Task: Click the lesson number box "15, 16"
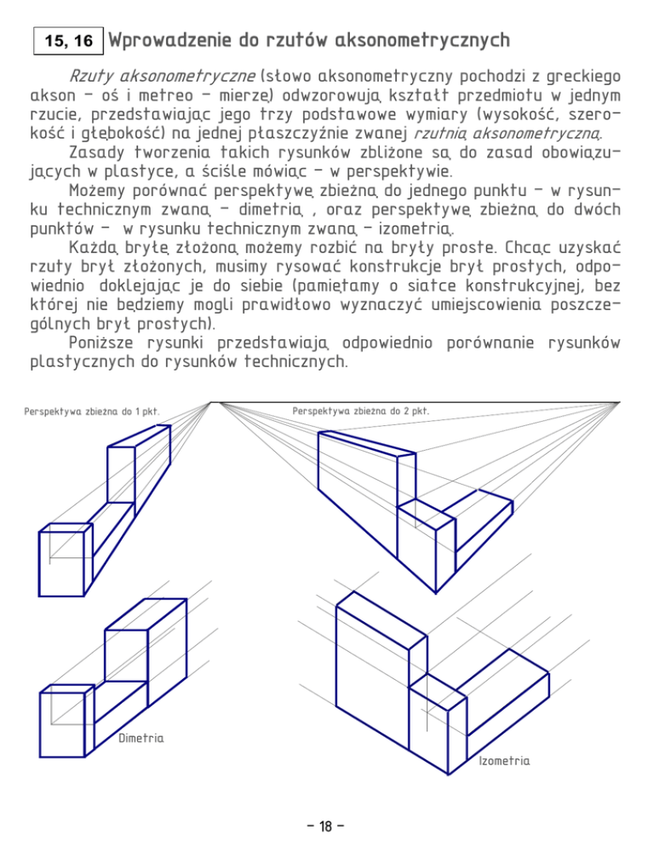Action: pyautogui.click(x=66, y=41)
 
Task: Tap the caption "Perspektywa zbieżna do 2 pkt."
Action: pyautogui.click(x=361, y=411)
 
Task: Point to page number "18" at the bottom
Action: pyautogui.click(x=327, y=826)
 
